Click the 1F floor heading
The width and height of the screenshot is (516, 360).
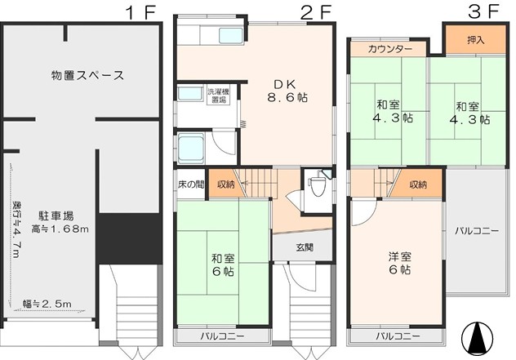[x=140, y=12]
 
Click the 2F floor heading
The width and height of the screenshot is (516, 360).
[x=315, y=12]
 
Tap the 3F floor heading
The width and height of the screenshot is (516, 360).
[x=483, y=12]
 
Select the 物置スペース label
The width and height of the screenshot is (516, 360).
[x=88, y=75]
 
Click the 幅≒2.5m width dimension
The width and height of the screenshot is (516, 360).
[x=47, y=304]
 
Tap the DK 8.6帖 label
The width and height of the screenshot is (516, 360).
[x=287, y=91]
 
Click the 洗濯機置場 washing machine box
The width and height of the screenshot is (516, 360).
[x=219, y=95]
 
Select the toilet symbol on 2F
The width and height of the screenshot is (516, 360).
[x=317, y=185]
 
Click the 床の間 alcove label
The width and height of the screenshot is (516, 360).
[x=191, y=184]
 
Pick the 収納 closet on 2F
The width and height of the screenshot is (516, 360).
[x=226, y=184]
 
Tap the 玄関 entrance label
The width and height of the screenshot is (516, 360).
[x=305, y=247]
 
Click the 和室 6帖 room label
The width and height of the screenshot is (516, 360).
[x=223, y=265]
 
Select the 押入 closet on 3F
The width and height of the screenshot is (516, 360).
[x=476, y=40]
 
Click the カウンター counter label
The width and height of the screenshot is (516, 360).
[x=390, y=49]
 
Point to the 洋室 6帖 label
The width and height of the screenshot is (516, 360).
[x=399, y=263]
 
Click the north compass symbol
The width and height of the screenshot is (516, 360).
[x=477, y=337]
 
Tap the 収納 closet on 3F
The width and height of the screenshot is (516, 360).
[x=418, y=184]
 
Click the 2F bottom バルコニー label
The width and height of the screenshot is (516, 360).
[x=222, y=336]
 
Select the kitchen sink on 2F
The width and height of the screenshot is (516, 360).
[x=231, y=36]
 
